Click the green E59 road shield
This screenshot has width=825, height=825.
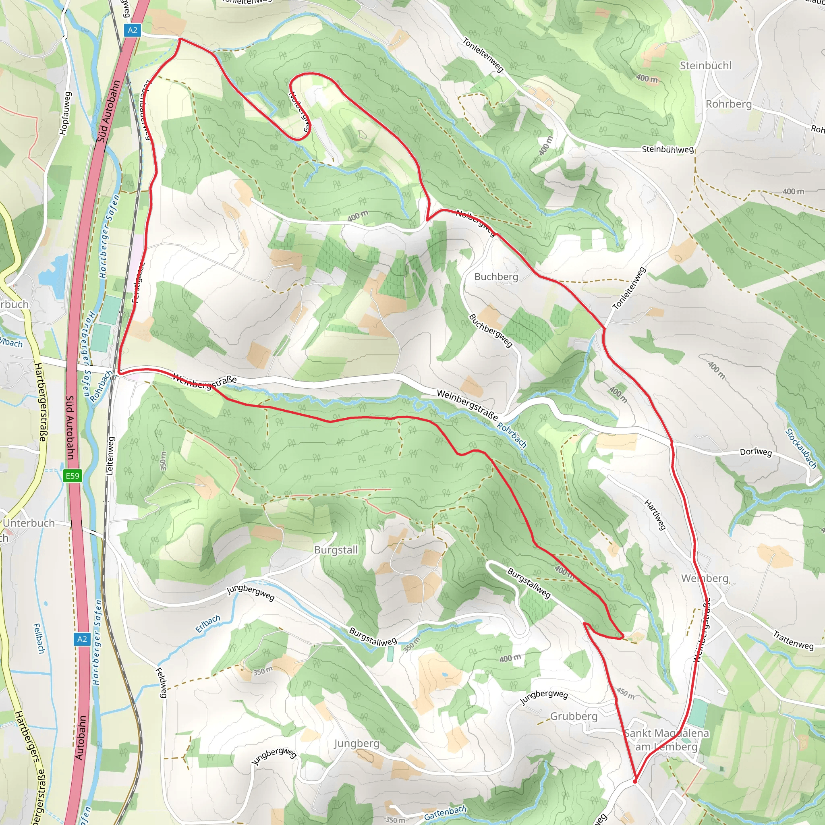coord(72,476)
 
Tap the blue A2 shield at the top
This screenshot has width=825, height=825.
coord(133,30)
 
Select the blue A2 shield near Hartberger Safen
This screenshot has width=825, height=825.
coord(82,639)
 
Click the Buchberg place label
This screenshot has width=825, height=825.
coord(496,277)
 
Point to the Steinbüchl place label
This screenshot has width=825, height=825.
coord(705,65)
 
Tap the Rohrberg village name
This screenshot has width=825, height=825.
coord(728,104)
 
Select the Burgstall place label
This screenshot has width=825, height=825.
coord(336,550)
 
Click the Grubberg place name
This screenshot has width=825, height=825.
coord(574,716)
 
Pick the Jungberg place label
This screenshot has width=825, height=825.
coord(357,744)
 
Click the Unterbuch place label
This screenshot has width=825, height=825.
coord(29,523)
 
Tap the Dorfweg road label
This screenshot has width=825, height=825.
coord(756,452)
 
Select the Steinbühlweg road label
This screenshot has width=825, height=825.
coord(667,149)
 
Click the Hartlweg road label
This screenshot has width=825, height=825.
coord(655,515)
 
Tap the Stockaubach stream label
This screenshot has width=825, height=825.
coord(801,448)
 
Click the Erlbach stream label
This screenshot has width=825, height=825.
coord(208,624)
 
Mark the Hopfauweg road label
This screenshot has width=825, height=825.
coord(64,113)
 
